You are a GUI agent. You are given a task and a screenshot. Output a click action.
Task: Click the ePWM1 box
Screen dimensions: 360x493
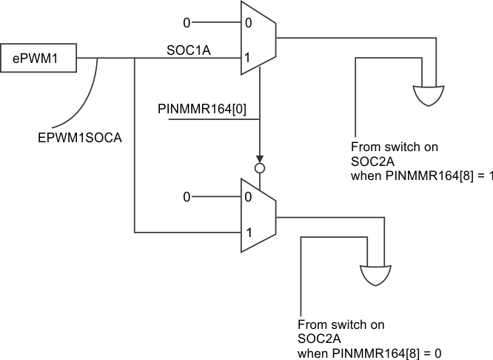click(38, 58)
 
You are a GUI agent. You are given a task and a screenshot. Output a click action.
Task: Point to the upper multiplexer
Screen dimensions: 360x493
click(258, 39)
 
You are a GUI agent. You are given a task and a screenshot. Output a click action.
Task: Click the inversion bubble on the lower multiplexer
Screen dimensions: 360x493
click(259, 169)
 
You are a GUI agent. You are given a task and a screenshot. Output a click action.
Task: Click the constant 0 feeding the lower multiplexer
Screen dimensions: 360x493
click(187, 197)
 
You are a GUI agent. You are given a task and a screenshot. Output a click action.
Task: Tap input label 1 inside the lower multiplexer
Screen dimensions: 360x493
click(249, 233)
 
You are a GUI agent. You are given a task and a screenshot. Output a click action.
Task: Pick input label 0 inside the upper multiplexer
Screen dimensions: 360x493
click(249, 22)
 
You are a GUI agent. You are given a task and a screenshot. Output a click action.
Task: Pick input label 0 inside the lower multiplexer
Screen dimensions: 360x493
click(249, 197)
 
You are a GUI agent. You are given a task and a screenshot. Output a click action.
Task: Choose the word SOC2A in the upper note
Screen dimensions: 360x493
click(368, 161)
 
